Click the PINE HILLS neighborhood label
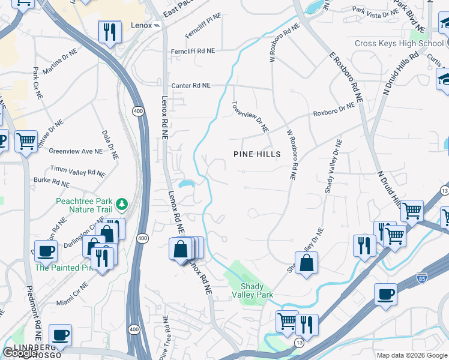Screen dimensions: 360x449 (x=257, y=154)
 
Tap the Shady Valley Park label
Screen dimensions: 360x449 (x=256, y=290)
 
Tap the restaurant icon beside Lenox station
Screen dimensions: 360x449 (x=109, y=32)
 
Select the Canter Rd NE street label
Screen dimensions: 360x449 (x=191, y=86)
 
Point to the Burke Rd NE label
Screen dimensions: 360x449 (x=52, y=181)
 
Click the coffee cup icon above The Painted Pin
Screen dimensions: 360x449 (x=46, y=250)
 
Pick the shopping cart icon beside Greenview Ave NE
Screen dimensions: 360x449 (x=26, y=142)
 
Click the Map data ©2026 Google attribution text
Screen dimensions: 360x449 (x=412, y=355)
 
